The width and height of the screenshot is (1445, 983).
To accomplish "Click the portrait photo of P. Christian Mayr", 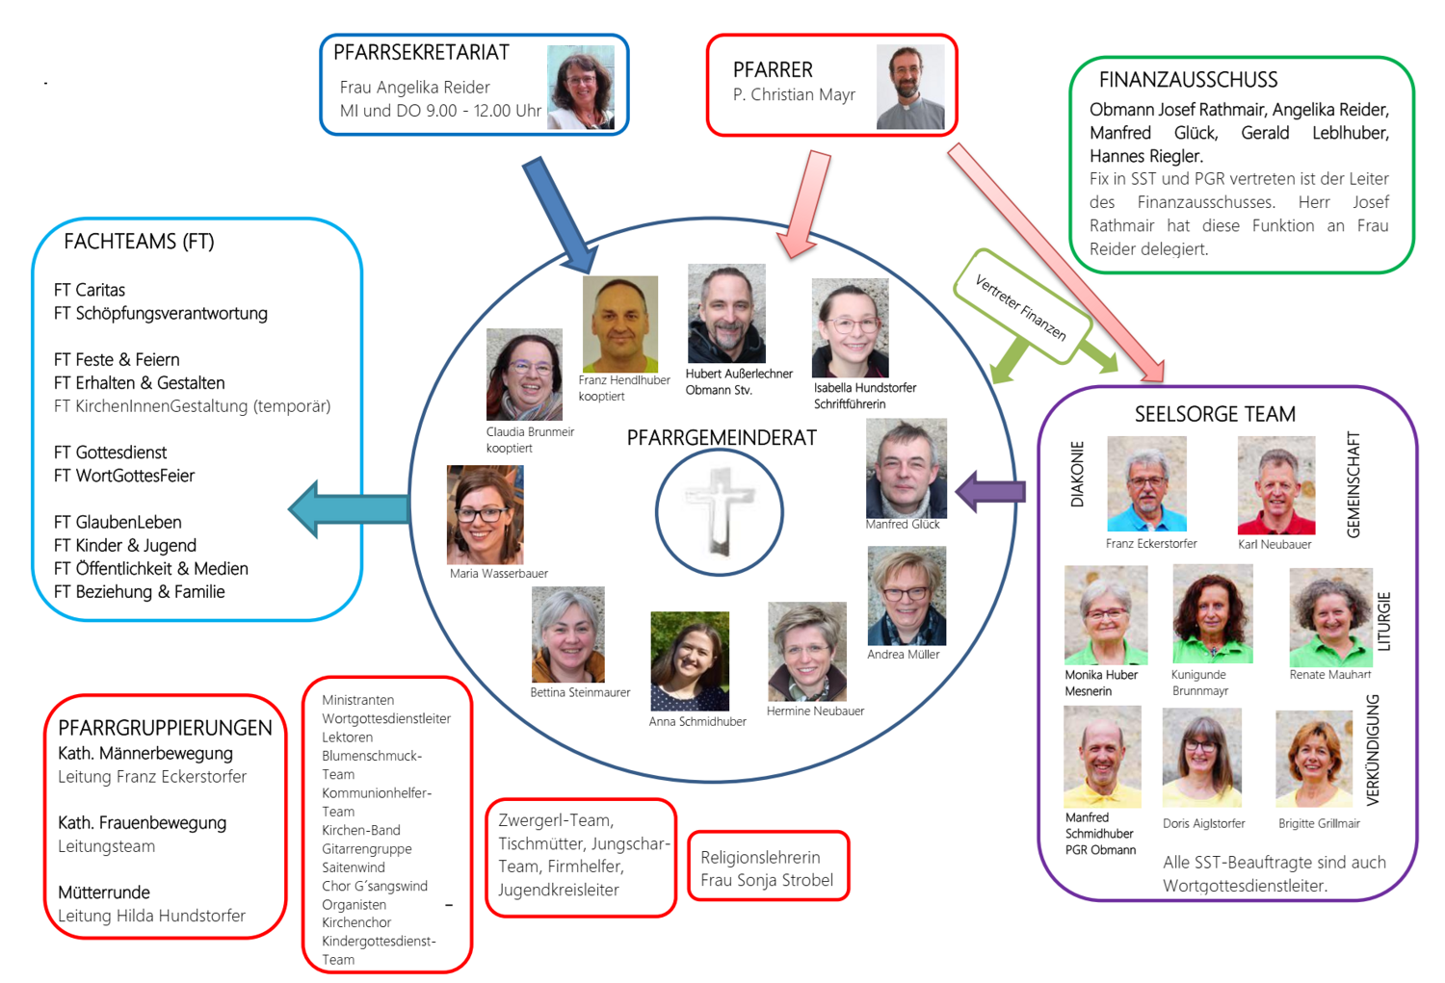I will coord(910,87).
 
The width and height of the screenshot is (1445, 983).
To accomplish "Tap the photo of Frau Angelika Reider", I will coord(580,87).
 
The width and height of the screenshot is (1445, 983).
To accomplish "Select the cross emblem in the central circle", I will coord(720,511).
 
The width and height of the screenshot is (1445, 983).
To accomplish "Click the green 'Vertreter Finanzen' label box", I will coord(1021,307).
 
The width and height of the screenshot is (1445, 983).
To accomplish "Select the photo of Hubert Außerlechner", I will coord(726,314).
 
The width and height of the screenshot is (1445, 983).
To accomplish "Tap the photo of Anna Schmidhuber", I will coord(690,661).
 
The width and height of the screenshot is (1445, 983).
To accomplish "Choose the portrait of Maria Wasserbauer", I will coord(486,514).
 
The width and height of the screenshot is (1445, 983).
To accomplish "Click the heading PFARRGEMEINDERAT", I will coord(722,438).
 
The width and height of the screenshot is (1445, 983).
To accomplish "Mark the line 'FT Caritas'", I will coord(90,290).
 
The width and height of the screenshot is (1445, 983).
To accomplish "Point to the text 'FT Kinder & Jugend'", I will coord(125,546).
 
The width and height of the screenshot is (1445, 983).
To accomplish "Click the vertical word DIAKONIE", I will coord(1077,475).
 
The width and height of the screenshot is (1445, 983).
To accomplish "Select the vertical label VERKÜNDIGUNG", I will coord(1373,749).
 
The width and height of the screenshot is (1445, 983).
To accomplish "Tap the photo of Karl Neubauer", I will coord(1276,485).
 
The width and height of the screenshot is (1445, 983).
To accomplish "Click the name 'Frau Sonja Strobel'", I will coord(767,880).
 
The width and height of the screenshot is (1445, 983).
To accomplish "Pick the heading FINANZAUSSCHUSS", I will coord(1188,80).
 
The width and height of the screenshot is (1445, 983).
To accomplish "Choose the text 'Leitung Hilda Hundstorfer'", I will coord(151,916).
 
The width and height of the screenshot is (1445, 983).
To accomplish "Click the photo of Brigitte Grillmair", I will coord(1314,759).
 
